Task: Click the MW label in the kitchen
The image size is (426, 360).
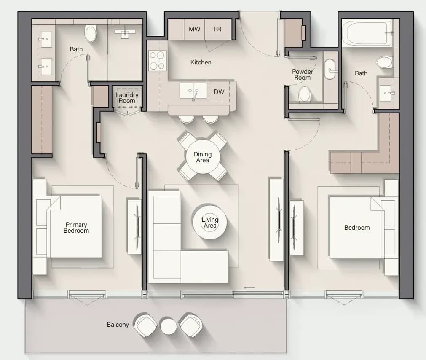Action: (x=195, y=29)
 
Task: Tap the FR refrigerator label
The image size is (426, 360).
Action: (x=217, y=29)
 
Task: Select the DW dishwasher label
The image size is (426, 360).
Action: (x=219, y=92)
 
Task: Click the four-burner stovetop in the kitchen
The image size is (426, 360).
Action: (x=158, y=61)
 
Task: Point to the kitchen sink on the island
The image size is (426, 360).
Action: (x=193, y=91)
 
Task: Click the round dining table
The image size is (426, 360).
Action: (x=202, y=157)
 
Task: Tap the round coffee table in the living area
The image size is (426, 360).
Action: (x=210, y=222)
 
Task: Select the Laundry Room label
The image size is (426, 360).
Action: (x=127, y=98)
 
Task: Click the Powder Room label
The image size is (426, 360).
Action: (x=303, y=75)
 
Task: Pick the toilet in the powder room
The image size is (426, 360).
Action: (x=305, y=94)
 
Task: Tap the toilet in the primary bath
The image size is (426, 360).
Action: (x=91, y=33)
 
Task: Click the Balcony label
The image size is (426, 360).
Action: (x=118, y=325)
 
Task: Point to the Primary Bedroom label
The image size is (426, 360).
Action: (x=76, y=228)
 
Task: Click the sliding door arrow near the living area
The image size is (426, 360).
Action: (x=249, y=288)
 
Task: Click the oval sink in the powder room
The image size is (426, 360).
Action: (x=330, y=69)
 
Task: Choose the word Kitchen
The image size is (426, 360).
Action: (x=201, y=62)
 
